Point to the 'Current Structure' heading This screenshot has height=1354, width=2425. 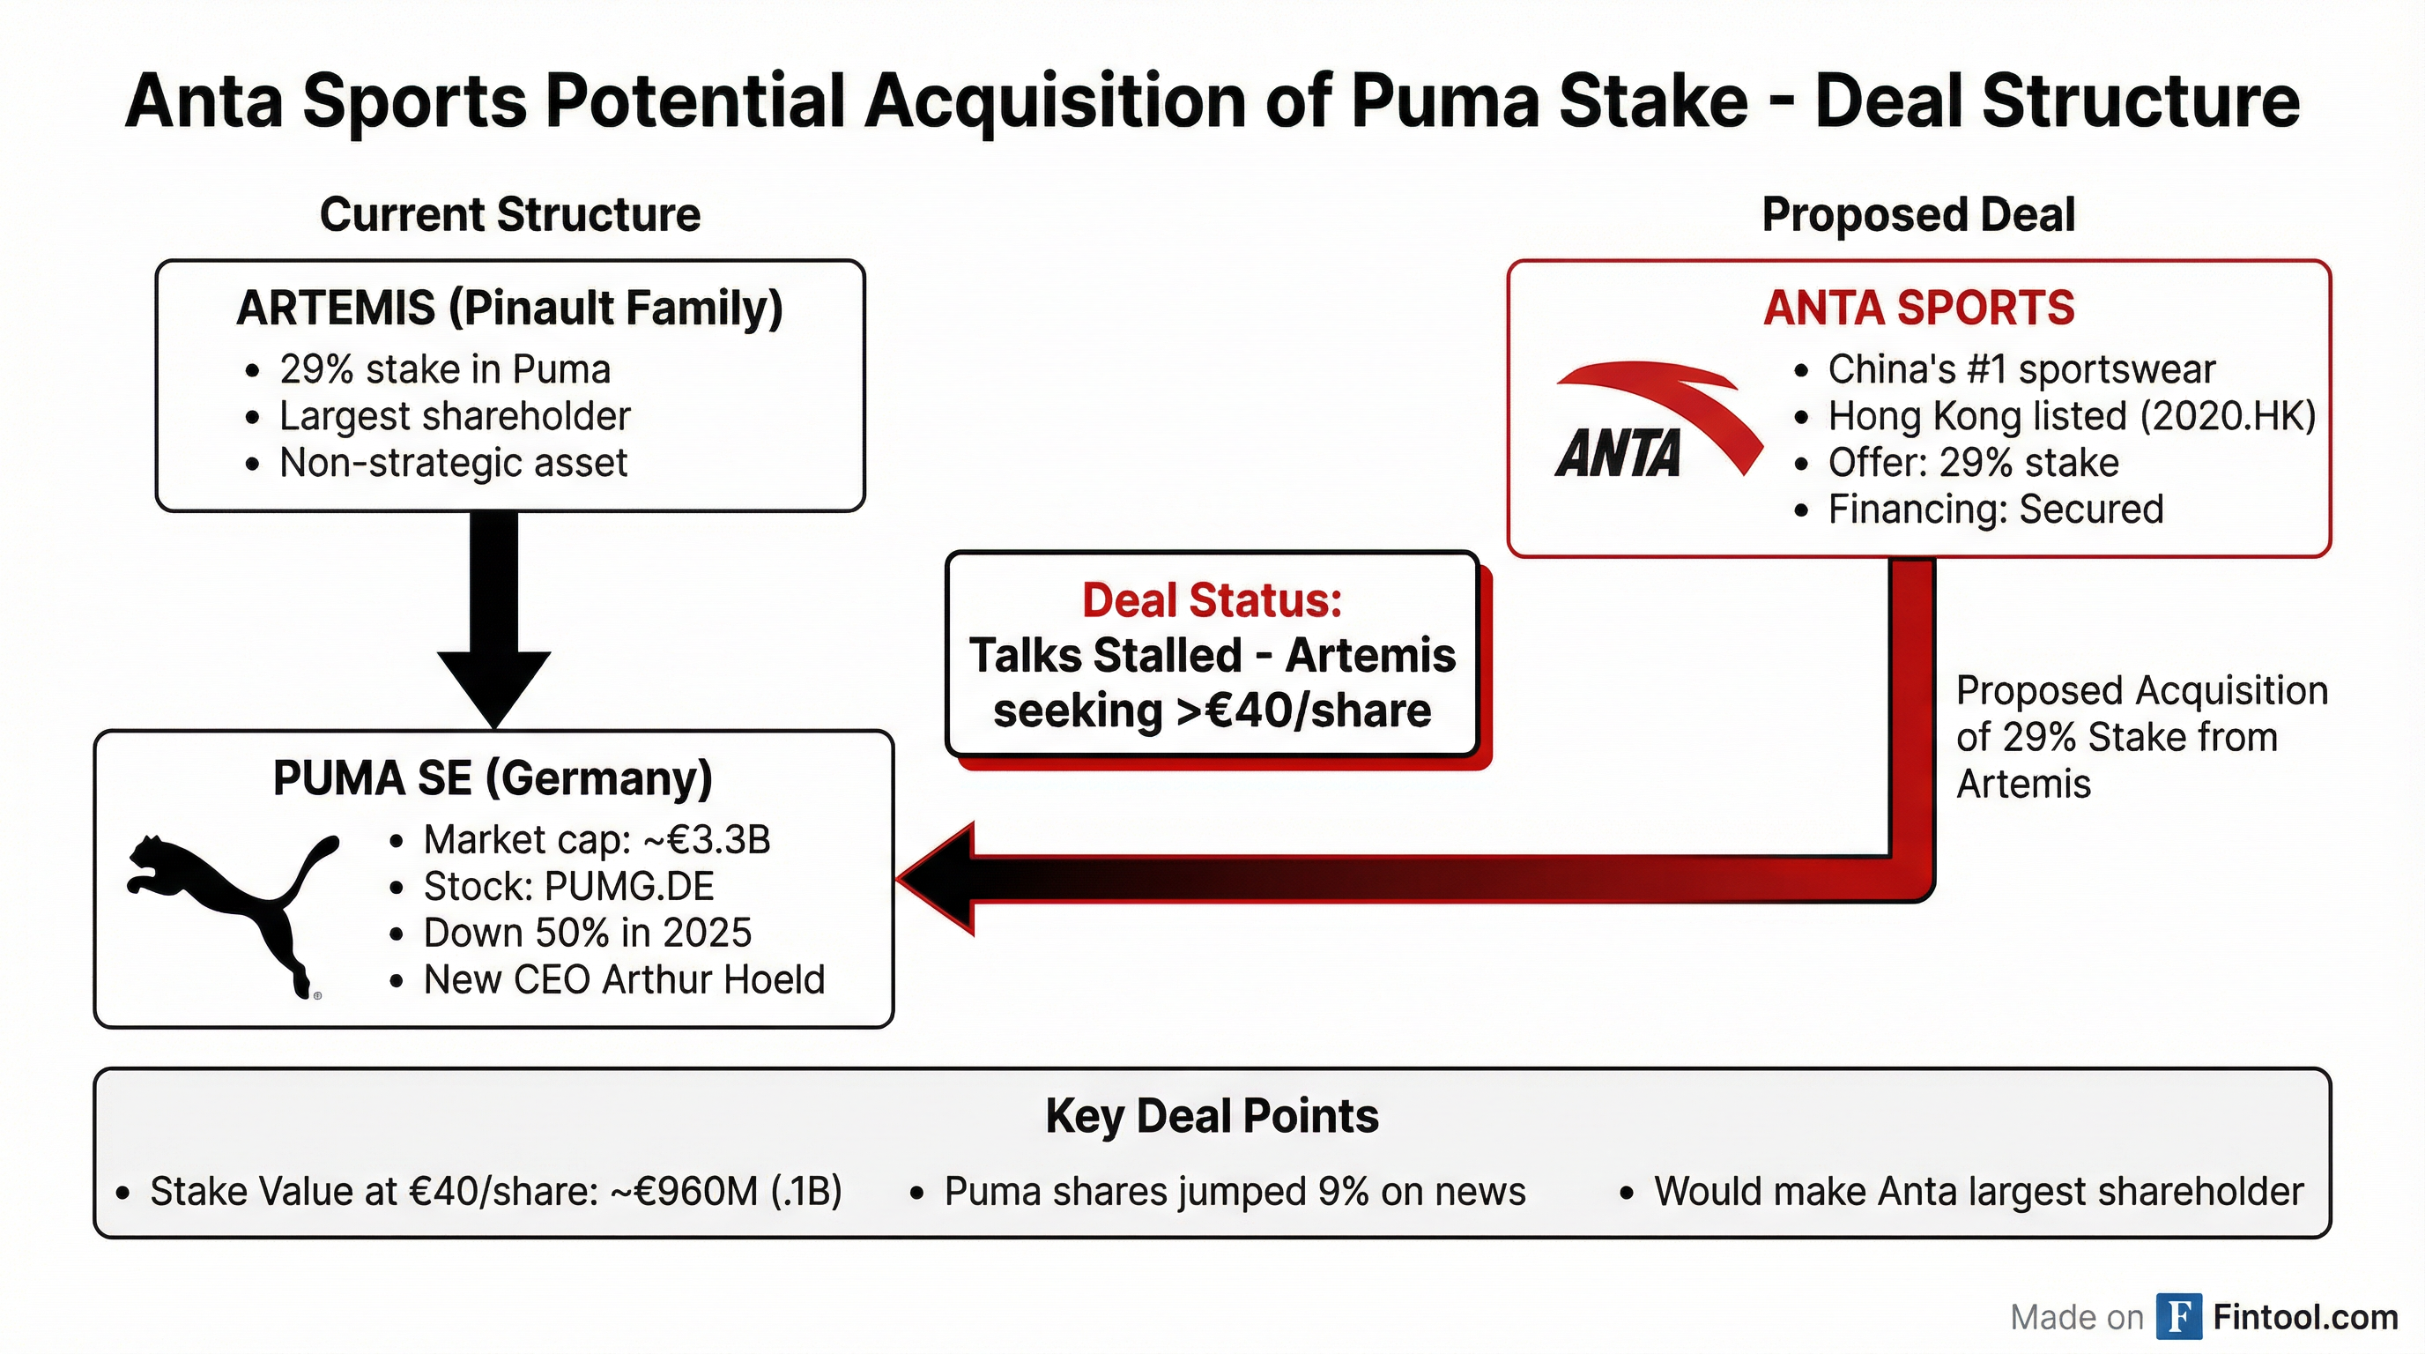pyautogui.click(x=510, y=215)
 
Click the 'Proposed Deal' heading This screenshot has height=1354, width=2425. pyautogui.click(x=1918, y=215)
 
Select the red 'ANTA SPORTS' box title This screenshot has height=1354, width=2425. pyautogui.click(x=1918, y=308)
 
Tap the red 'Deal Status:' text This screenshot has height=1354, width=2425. pyautogui.click(x=1212, y=599)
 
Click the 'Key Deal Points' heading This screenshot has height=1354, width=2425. pyautogui.click(x=1212, y=1117)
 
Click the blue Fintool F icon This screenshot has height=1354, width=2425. pyautogui.click(x=2179, y=1316)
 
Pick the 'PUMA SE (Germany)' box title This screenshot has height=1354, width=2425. pyautogui.click(x=493, y=778)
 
